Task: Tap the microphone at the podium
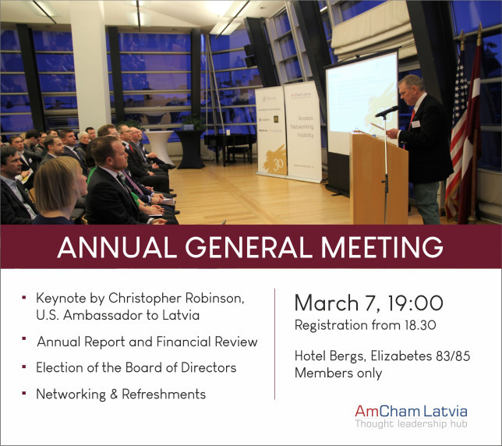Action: (387, 111)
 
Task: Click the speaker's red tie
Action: (412, 117)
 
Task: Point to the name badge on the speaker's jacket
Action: (416, 124)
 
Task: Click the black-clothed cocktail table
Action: (190, 149)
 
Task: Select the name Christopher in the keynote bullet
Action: (145, 298)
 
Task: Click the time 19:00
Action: (415, 303)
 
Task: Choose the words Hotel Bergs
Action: (330, 356)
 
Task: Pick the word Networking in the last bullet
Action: (71, 395)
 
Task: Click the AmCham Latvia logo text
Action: (411, 411)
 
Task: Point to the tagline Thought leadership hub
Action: (411, 423)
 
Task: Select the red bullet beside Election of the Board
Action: (24, 366)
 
